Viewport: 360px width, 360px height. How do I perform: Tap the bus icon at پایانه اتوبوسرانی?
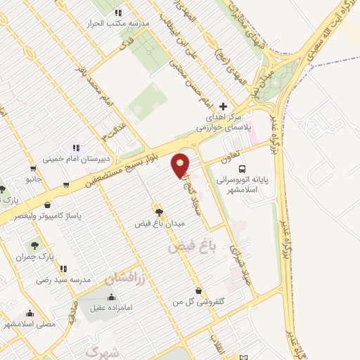[242, 169]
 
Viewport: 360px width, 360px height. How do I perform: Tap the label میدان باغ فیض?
[160, 223]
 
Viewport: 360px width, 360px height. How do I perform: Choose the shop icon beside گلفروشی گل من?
[199, 290]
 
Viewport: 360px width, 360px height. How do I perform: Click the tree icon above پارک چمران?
[35, 245]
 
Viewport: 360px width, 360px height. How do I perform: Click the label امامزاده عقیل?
[109, 308]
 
